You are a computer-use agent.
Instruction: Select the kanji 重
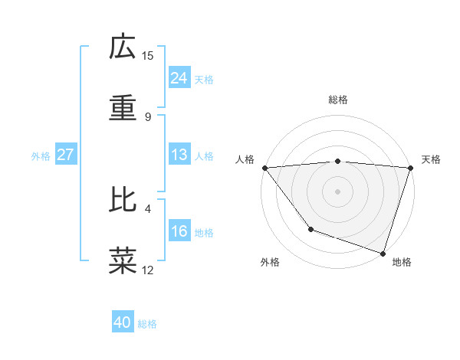coord(123,108)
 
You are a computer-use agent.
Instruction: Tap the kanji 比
coord(123,200)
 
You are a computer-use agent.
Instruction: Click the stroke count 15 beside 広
coord(148,55)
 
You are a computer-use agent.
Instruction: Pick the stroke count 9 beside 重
coord(148,116)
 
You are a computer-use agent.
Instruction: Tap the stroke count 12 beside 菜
coord(148,270)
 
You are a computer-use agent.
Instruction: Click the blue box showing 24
coord(179,78)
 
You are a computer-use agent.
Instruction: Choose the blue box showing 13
coord(179,155)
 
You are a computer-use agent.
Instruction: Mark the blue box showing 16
coord(179,231)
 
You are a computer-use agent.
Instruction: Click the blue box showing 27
coord(65,155)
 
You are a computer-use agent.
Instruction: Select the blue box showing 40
coord(123,322)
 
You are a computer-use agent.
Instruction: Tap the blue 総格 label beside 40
coord(148,324)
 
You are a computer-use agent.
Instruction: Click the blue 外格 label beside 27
coord(41,156)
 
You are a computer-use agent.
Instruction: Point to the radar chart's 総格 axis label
coord(338,100)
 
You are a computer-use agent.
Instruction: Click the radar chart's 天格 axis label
coord(432,159)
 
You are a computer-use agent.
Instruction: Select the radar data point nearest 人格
coord(264,168)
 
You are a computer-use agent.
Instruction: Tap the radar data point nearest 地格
coord(383,253)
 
